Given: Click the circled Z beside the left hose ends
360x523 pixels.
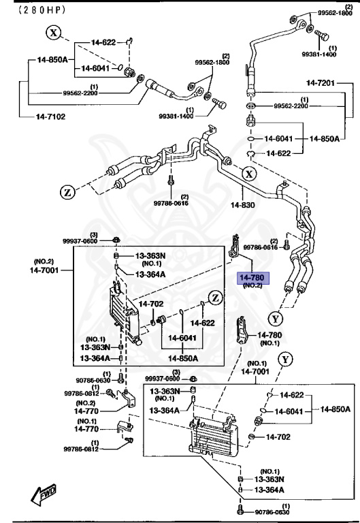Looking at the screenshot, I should coord(67,192).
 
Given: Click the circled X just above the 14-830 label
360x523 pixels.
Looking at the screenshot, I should coord(250,174).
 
